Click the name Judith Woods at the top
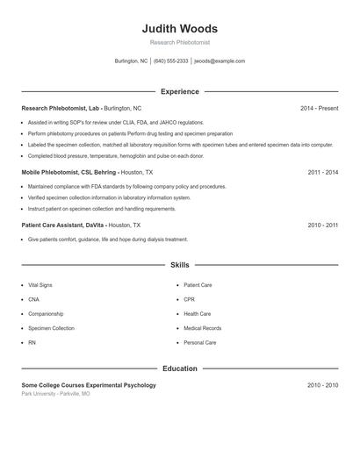click(x=180, y=28)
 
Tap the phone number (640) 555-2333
click(x=171, y=61)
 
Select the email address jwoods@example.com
click(x=220, y=61)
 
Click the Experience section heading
click(x=180, y=91)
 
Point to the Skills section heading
click(x=180, y=264)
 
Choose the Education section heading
click(x=180, y=368)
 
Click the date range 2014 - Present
click(x=319, y=108)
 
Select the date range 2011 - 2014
click(x=322, y=173)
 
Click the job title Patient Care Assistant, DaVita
click(x=68, y=225)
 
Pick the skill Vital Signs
click(x=40, y=285)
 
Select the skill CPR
click(x=190, y=299)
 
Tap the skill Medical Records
click(x=202, y=328)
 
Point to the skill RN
click(x=32, y=342)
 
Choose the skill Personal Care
click(x=199, y=342)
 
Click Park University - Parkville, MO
click(x=55, y=394)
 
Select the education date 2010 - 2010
click(x=322, y=385)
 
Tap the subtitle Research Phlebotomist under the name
click(x=180, y=42)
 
